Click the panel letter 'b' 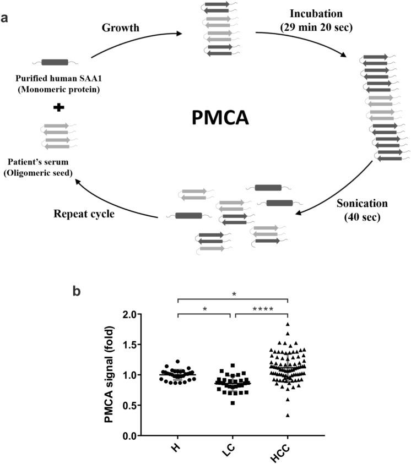[x=78, y=290]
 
